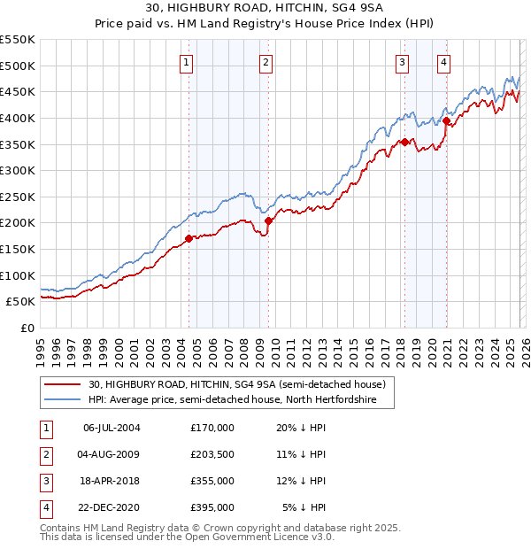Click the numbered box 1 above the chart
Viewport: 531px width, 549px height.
[x=188, y=62]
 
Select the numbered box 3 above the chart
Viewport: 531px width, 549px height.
[x=402, y=62]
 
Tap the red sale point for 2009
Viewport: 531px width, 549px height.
[x=268, y=221]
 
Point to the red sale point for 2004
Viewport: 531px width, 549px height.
[x=189, y=238]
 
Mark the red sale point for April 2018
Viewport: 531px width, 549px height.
[x=404, y=142]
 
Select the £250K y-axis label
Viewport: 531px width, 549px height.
[x=18, y=197]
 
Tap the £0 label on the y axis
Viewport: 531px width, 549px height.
[x=27, y=328]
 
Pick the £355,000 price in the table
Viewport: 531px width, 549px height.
[x=212, y=481]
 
